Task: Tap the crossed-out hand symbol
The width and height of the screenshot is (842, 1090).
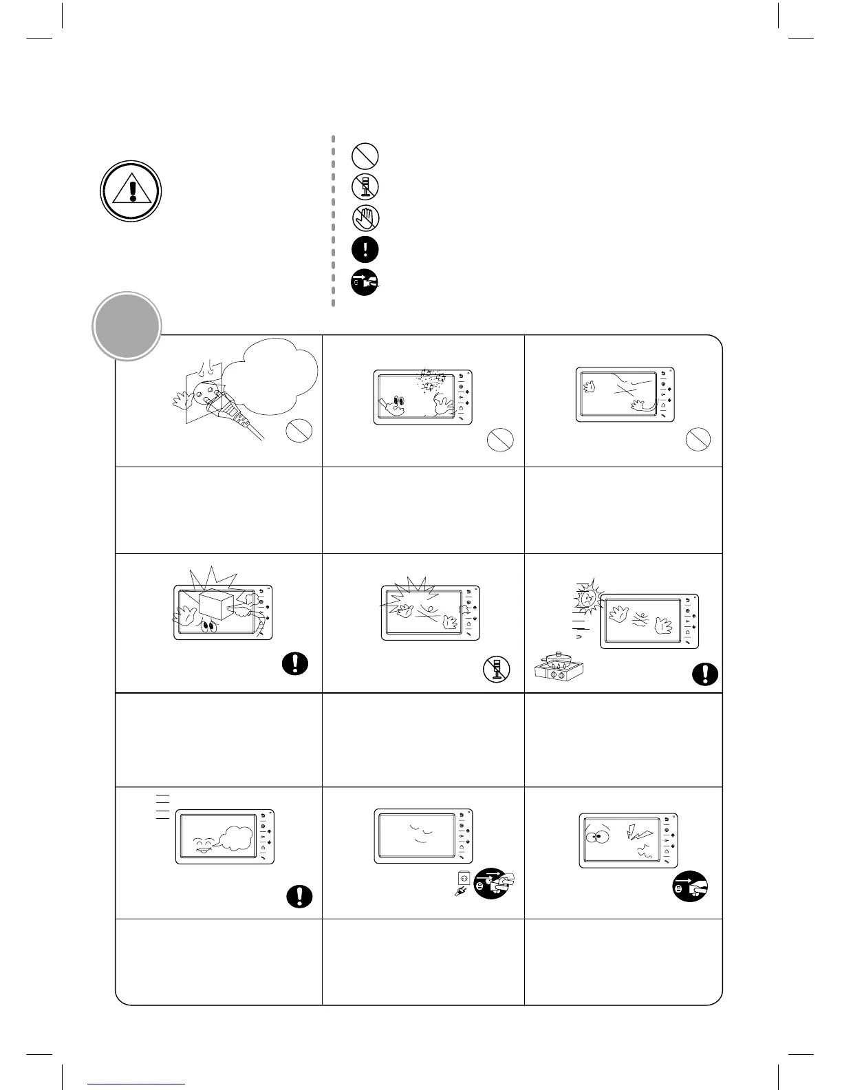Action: [365, 218]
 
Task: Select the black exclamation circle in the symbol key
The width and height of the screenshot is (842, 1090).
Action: [365, 249]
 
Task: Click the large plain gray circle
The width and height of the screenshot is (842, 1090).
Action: [127, 325]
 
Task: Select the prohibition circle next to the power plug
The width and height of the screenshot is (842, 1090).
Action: [299, 431]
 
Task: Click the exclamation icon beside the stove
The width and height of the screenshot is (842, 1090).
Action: [705, 674]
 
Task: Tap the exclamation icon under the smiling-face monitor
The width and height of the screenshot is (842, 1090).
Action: [299, 897]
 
